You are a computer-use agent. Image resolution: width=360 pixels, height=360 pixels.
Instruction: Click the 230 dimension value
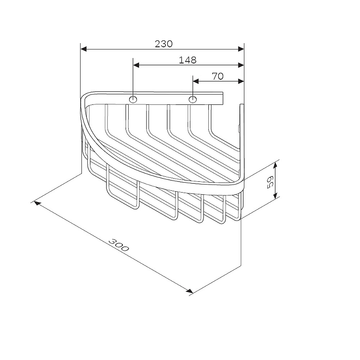click(x=163, y=44)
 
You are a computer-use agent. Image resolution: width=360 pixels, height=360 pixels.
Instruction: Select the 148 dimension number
click(x=188, y=60)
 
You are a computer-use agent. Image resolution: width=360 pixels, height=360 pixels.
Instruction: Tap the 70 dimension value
click(x=218, y=76)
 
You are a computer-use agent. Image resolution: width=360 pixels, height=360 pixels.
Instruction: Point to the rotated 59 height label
click(x=270, y=182)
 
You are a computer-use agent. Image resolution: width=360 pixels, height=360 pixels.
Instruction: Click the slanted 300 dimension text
click(x=119, y=245)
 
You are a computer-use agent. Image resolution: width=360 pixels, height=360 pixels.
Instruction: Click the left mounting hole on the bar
click(x=133, y=99)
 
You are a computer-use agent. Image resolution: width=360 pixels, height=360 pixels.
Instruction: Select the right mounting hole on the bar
click(x=193, y=99)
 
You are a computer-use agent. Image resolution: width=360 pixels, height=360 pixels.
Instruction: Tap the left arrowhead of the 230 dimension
click(x=84, y=49)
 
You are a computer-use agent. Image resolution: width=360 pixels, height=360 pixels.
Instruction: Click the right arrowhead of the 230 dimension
click(x=241, y=49)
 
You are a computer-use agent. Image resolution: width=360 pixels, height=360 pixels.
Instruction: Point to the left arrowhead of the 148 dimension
click(x=136, y=65)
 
